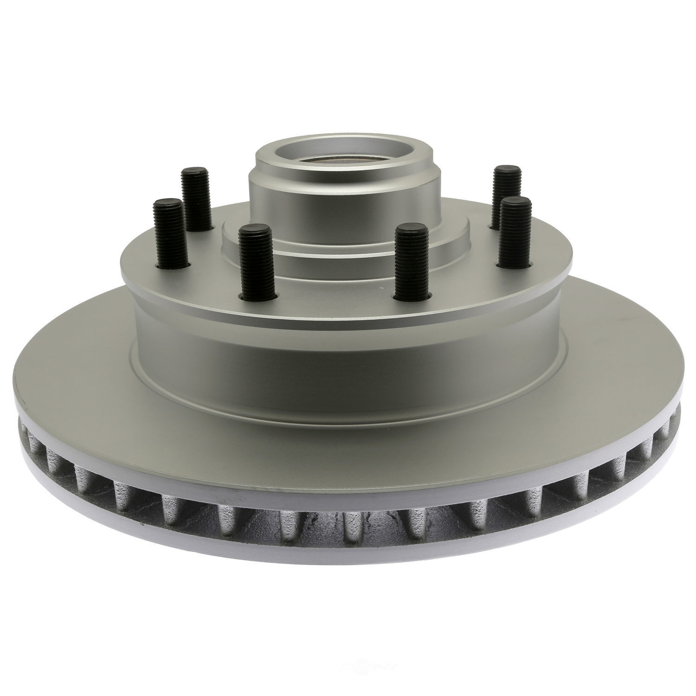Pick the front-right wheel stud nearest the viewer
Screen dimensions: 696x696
tap(411, 260)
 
